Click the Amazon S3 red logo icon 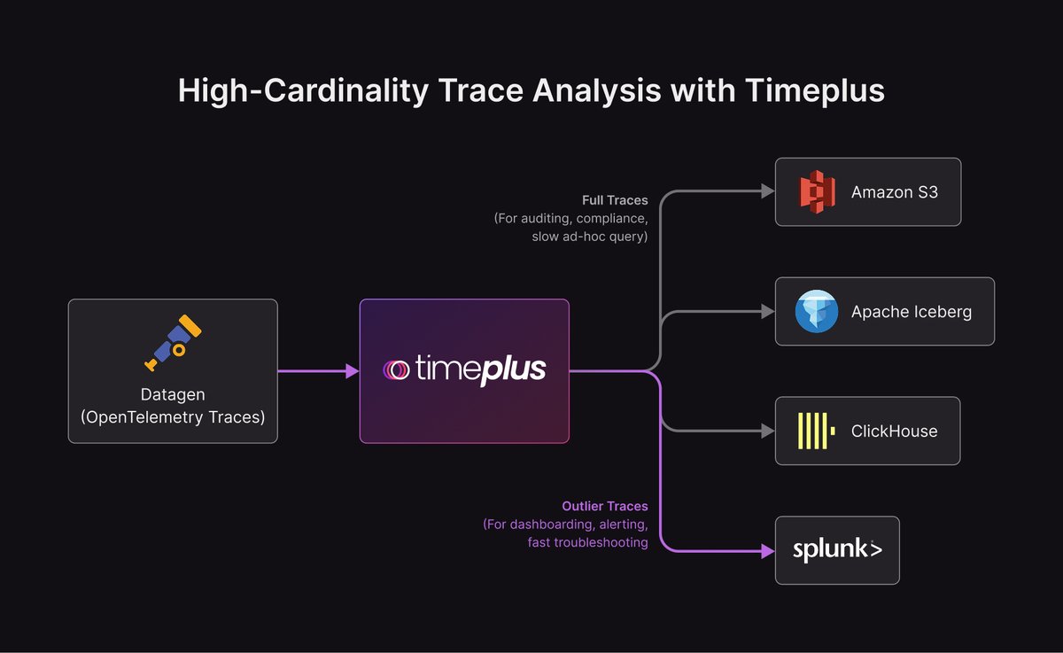[818, 191]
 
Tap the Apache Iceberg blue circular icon [817, 311]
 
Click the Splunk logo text [837, 550]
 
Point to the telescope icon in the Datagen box [173, 341]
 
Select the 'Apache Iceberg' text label [912, 312]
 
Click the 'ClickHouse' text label [894, 431]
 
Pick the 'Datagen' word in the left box [173, 393]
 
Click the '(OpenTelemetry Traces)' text [173, 415]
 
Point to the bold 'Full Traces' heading [615, 200]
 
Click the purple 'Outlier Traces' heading [605, 506]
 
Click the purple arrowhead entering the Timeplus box [352, 371]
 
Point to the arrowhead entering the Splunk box [768, 550]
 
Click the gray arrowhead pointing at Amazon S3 [768, 191]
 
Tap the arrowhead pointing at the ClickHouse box [768, 431]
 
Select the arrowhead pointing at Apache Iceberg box [768, 311]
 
